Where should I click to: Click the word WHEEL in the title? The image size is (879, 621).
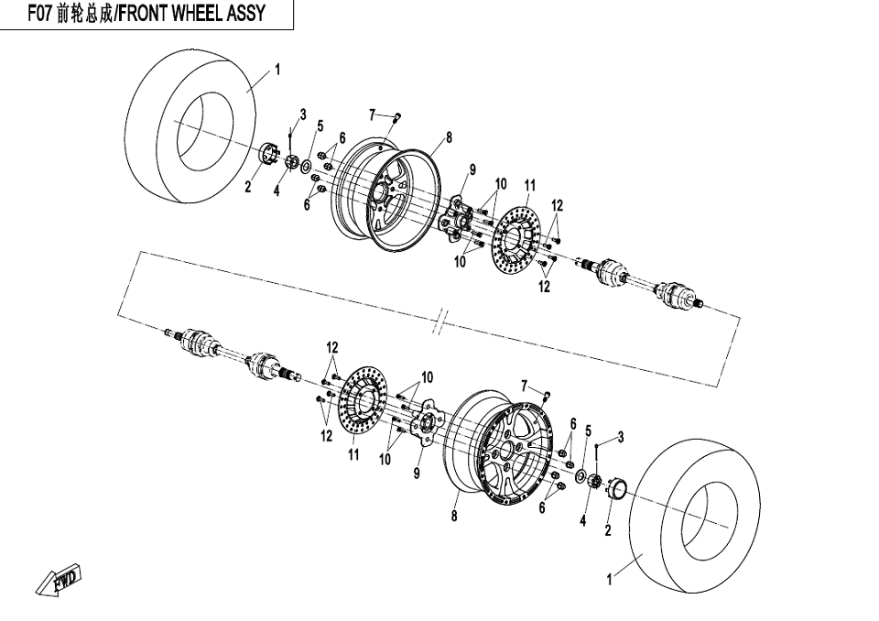pyautogui.click(x=201, y=14)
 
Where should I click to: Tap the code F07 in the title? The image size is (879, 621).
pyautogui.click(x=39, y=14)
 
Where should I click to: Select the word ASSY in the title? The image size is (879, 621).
pyautogui.click(x=247, y=14)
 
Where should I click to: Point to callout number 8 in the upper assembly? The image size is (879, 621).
pyautogui.click(x=450, y=138)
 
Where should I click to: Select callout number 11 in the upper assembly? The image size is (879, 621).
pyautogui.click(x=530, y=186)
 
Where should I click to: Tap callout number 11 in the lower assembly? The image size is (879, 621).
pyautogui.click(x=353, y=454)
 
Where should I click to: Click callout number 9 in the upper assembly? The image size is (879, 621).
pyautogui.click(x=472, y=169)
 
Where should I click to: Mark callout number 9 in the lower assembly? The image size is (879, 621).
pyautogui.click(x=417, y=474)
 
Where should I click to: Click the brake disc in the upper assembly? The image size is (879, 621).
pyautogui.click(x=518, y=243)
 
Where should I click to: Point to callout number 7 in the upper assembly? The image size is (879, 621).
pyautogui.click(x=373, y=114)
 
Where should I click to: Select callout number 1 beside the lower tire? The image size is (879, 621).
pyautogui.click(x=611, y=579)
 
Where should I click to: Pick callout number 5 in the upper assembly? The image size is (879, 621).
pyautogui.click(x=320, y=125)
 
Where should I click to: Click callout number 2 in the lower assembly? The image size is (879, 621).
pyautogui.click(x=608, y=530)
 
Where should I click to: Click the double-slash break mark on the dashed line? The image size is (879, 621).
pyautogui.click(x=441, y=322)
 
